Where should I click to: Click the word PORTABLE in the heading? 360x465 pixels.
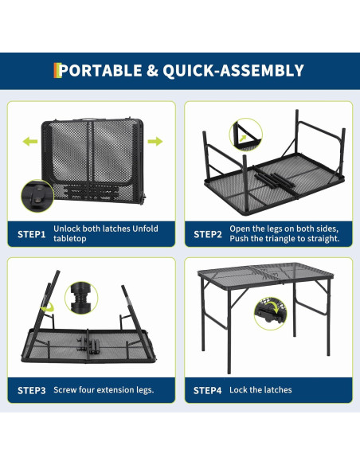click(x=100, y=71)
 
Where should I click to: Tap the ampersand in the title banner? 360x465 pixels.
click(x=152, y=71)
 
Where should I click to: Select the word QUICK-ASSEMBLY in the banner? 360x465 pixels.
click(x=233, y=71)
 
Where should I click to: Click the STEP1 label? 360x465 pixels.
click(x=31, y=234)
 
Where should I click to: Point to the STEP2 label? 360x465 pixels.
click(x=208, y=234)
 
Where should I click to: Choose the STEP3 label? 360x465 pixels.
click(x=31, y=390)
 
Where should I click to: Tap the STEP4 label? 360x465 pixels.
click(x=208, y=390)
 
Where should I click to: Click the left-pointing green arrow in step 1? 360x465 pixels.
click(x=30, y=141)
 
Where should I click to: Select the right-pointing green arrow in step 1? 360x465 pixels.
click(x=155, y=141)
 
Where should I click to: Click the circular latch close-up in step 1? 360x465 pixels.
click(x=37, y=196)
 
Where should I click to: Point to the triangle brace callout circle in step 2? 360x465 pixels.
click(x=246, y=135)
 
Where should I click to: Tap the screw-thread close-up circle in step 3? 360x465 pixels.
click(x=81, y=298)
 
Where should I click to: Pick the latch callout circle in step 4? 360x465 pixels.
click(x=271, y=314)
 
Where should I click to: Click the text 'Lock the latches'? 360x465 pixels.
click(x=260, y=389)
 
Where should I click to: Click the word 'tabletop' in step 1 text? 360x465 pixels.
click(x=70, y=239)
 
